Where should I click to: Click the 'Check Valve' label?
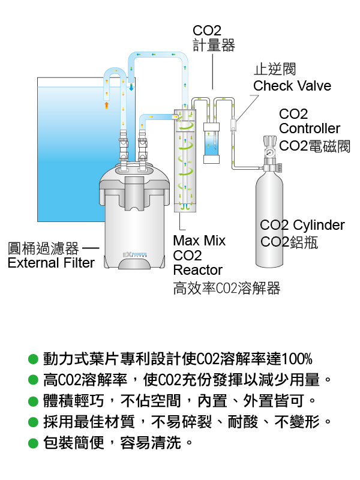tap(292, 86)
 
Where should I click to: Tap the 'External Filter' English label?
tap(51, 263)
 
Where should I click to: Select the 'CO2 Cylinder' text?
tap(302, 226)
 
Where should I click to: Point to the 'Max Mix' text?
tap(199, 241)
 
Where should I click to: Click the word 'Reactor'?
tap(198, 270)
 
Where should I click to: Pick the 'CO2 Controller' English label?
tap(309, 121)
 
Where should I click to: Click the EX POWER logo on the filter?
tap(134, 254)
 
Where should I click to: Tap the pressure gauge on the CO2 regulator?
tap(269, 152)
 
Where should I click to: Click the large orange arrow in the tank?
tap(107, 106)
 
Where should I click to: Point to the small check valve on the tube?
tap(233, 125)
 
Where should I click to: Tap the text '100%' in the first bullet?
tap(296, 359)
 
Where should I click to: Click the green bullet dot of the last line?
tap(33, 443)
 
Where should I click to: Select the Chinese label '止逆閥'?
tap(275, 70)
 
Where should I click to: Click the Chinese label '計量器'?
tap(214, 45)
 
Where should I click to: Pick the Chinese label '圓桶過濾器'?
tap(43, 248)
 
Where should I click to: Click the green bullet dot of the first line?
tap(33, 359)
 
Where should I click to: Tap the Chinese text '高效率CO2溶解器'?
tap(227, 289)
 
